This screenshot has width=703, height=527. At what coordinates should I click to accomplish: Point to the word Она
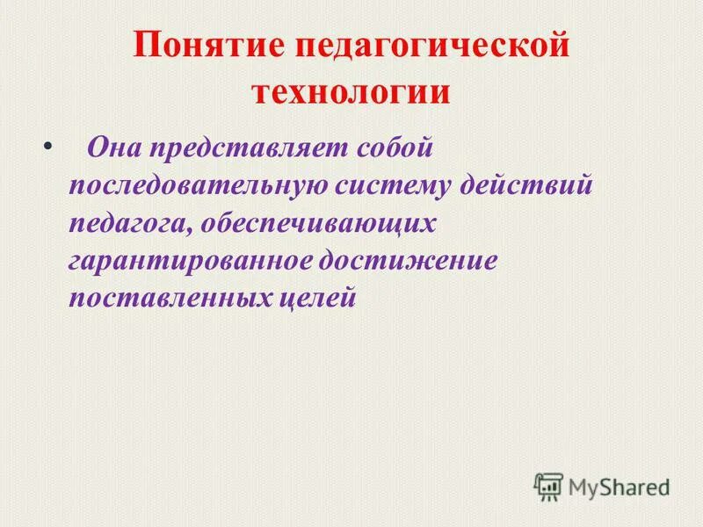point(112,147)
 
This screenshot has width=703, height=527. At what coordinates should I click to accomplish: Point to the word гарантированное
point(192,261)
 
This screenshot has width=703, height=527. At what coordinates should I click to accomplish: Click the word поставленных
point(168,299)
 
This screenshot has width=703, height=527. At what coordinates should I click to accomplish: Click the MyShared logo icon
point(548,486)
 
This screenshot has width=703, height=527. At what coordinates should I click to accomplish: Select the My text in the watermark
point(583,487)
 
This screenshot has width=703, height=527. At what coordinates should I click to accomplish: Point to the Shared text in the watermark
point(634,486)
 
